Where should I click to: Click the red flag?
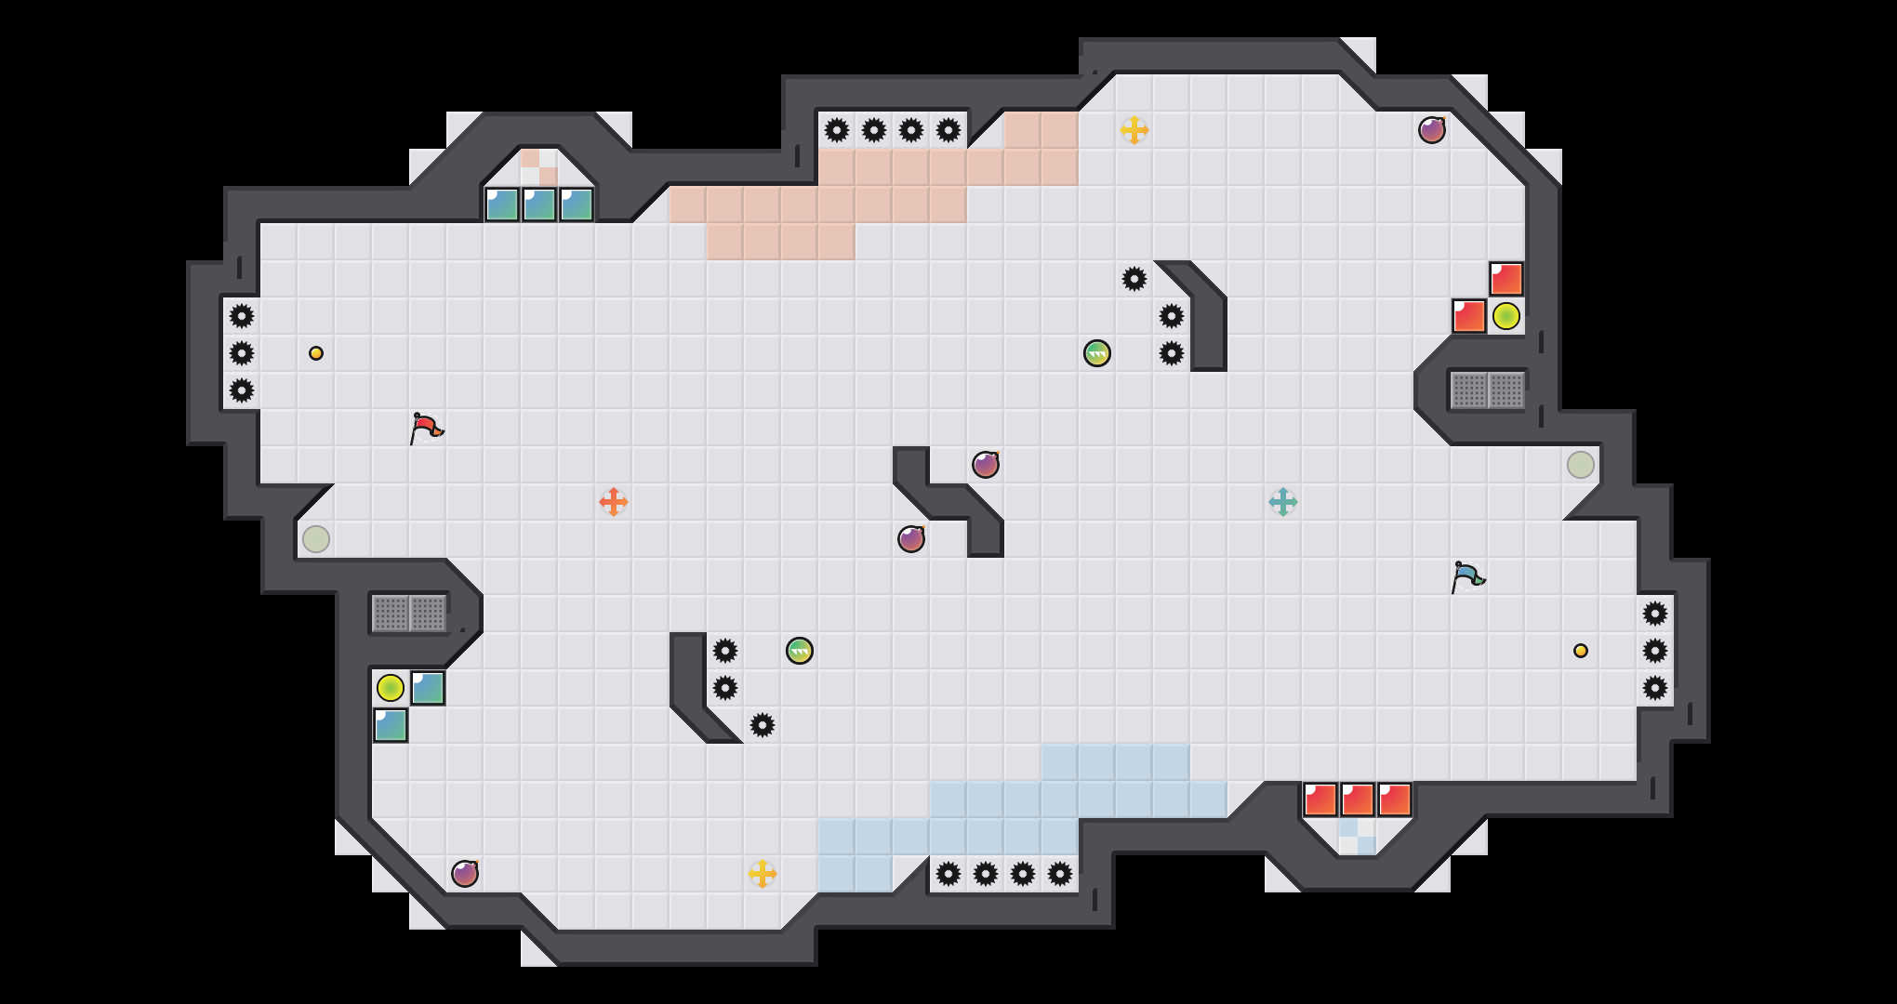(426, 428)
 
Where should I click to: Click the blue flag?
(1467, 576)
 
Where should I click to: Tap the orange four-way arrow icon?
(614, 502)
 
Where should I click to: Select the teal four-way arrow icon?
(1283, 502)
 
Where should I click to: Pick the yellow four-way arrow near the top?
(1134, 130)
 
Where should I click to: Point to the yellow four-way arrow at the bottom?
(763, 874)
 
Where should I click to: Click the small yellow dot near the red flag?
(316, 353)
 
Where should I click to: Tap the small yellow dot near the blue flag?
(1581, 651)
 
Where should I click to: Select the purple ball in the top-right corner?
(1432, 130)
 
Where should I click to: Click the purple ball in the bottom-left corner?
(465, 874)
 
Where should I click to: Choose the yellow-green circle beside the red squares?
(1506, 316)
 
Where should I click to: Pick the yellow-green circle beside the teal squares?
(391, 688)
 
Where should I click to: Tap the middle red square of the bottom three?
(1358, 799)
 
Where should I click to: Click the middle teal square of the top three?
(539, 205)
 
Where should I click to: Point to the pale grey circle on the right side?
(1581, 465)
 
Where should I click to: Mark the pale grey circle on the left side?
(316, 539)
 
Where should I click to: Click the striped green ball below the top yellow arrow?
(1097, 353)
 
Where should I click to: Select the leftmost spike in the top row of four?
(837, 130)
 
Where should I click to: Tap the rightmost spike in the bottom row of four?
(1060, 874)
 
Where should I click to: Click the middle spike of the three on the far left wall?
(242, 353)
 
